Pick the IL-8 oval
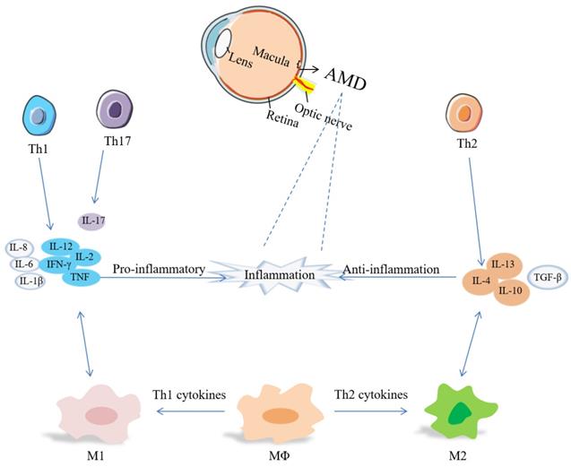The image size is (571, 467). click(20, 247)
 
